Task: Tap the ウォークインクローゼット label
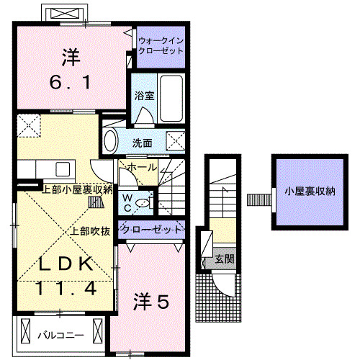coord(160,47)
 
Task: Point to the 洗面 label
coord(142,143)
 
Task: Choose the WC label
coord(127,200)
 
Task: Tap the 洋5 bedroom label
coord(151,303)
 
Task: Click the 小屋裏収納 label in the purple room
coord(310,192)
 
